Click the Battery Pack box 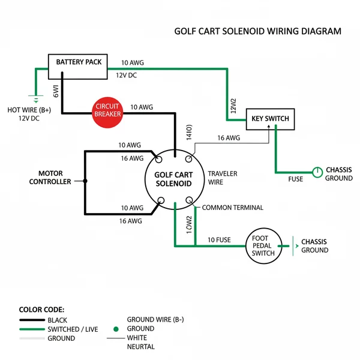[x=79, y=62]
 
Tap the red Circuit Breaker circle [x=108, y=109]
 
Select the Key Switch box [x=270, y=119]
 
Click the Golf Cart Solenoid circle [x=173, y=179]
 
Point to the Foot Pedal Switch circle [x=263, y=244]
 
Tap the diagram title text [x=257, y=31]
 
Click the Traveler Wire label [x=223, y=178]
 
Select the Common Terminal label [x=232, y=208]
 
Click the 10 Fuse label [x=219, y=240]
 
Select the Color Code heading [x=41, y=310]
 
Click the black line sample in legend [x=31, y=320]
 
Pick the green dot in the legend [x=115, y=329]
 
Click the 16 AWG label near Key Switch [x=228, y=138]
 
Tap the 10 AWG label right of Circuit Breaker [x=142, y=107]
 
